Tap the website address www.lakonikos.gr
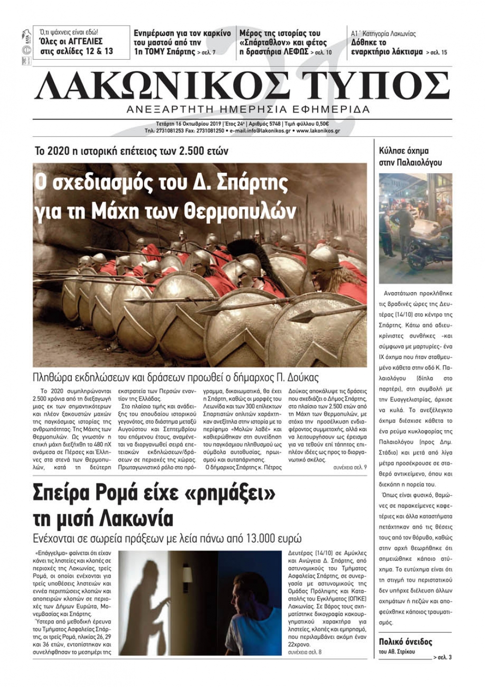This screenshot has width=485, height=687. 318,131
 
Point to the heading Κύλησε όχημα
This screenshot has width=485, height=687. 404,151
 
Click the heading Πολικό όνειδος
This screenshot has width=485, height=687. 405,642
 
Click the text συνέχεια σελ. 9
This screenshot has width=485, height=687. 350,467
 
